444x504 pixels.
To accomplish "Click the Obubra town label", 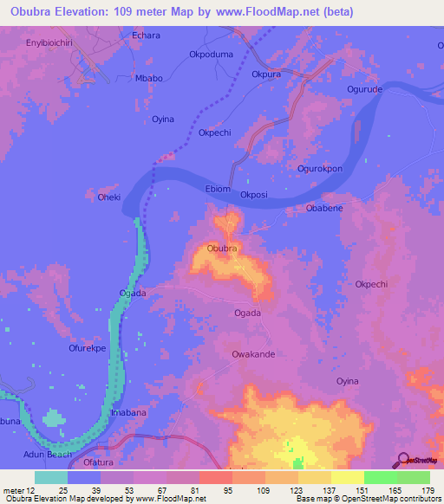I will pyautogui.click(x=223, y=249).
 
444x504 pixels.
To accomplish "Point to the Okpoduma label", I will pyautogui.click(x=212, y=54).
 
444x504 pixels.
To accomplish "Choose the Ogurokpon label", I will pyautogui.click(x=320, y=168).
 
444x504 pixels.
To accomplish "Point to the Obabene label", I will pyautogui.click(x=325, y=209).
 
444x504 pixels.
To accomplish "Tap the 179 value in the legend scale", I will pyautogui.click(x=428, y=491).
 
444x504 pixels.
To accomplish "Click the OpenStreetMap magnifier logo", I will pyautogui.click(x=402, y=460).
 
